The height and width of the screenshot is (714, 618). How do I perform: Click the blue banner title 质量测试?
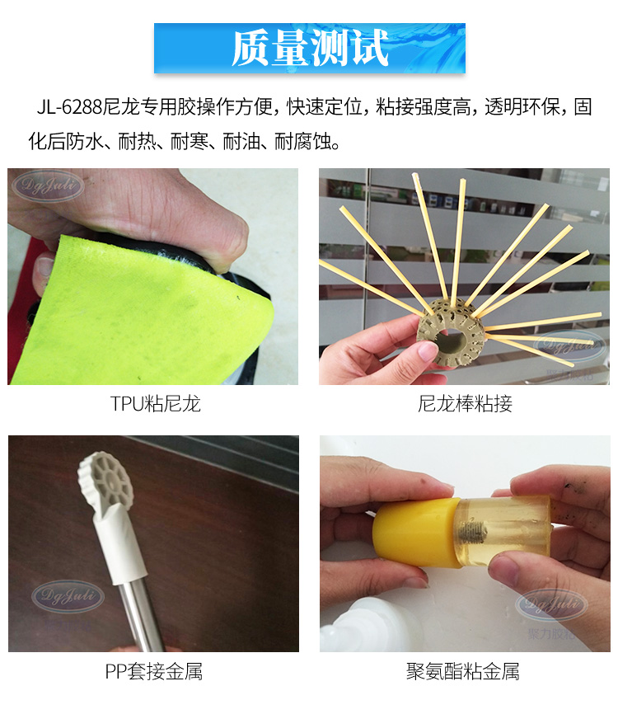pos(310,48)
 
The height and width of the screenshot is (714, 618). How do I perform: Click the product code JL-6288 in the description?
pos(69,107)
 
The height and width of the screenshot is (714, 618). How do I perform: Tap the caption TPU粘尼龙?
pos(155,404)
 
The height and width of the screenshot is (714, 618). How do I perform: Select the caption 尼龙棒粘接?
pos(465,404)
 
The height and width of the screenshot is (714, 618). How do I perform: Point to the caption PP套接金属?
pos(154,672)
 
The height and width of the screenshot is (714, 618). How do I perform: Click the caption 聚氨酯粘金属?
pos(463,672)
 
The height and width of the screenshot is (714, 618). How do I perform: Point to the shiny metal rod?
pos(141,615)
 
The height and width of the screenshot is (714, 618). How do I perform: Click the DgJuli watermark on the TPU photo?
pos(49,186)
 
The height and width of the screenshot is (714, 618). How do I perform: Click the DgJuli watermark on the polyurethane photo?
pos(551,604)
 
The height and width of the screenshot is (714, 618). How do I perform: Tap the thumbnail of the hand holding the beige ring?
pos(464,276)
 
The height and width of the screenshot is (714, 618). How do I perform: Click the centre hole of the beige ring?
pos(450,338)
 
